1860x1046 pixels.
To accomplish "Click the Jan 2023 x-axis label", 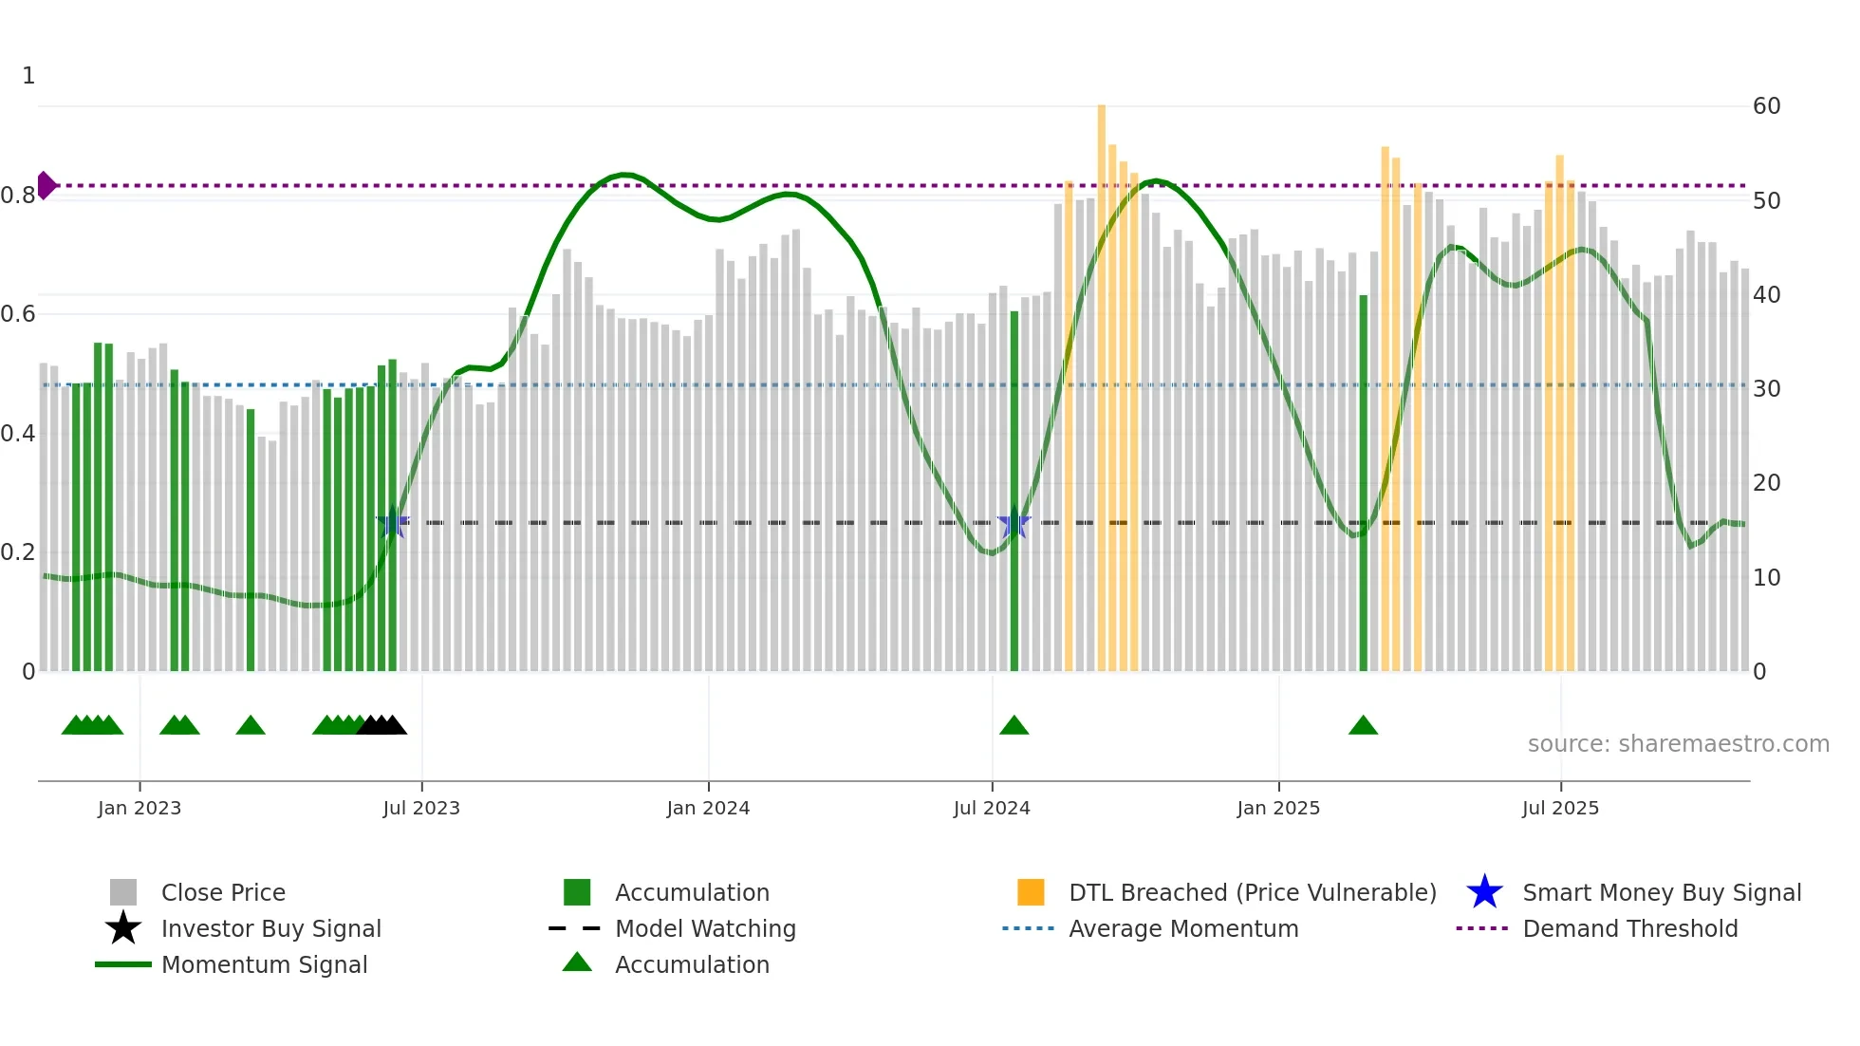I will [x=139, y=809].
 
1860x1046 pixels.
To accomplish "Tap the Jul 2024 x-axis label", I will [x=992, y=809].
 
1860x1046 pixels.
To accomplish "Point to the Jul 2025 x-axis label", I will [x=1560, y=809].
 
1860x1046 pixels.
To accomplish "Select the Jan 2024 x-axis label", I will [x=708, y=809].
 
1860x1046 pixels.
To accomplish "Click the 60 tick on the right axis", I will [x=1766, y=106].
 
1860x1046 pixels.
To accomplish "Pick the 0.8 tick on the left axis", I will [x=18, y=196].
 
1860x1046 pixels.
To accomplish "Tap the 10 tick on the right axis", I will [x=1766, y=577].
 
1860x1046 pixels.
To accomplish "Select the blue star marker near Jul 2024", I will [x=1014, y=523].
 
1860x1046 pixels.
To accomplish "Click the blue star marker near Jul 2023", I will [x=392, y=523].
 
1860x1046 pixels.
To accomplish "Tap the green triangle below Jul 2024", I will [x=1014, y=726].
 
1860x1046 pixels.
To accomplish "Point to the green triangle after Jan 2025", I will [x=1363, y=726].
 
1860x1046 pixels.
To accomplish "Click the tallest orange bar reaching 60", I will [x=1102, y=380].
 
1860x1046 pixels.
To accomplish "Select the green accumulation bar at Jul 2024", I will [x=1014, y=494].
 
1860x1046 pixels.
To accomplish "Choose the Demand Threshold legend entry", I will [x=1629, y=929].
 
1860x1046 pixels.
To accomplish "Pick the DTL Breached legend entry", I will [x=1252, y=893].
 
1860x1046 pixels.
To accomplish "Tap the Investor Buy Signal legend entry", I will [x=270, y=929].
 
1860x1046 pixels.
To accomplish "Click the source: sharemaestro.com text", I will [x=1678, y=744].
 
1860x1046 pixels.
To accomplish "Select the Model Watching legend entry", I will [x=704, y=929].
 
